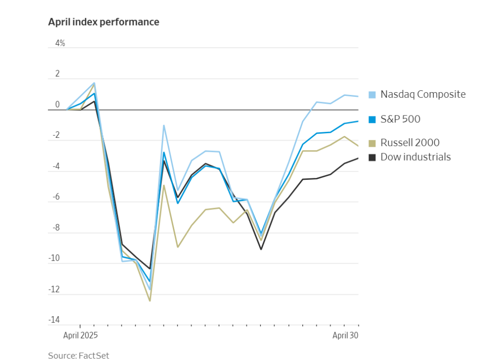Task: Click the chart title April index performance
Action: coord(103,22)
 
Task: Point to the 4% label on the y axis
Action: coord(60,43)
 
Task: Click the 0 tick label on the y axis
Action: coord(58,105)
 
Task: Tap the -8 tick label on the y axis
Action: coord(56,228)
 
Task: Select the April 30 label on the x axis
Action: coord(345,335)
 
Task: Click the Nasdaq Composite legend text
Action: coord(422,95)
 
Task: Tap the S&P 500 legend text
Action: coord(400,119)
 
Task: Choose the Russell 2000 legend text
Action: coord(410,143)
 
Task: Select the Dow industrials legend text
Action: coord(416,157)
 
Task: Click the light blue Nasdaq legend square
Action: coord(372,95)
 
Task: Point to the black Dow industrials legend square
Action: coord(372,157)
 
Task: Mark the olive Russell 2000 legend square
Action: coord(372,143)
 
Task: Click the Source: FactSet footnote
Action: coord(78,355)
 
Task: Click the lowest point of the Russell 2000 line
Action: coord(150,301)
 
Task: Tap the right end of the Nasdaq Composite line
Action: coord(358,96)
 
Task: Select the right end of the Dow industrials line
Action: coord(358,158)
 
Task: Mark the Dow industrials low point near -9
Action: coord(261,249)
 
